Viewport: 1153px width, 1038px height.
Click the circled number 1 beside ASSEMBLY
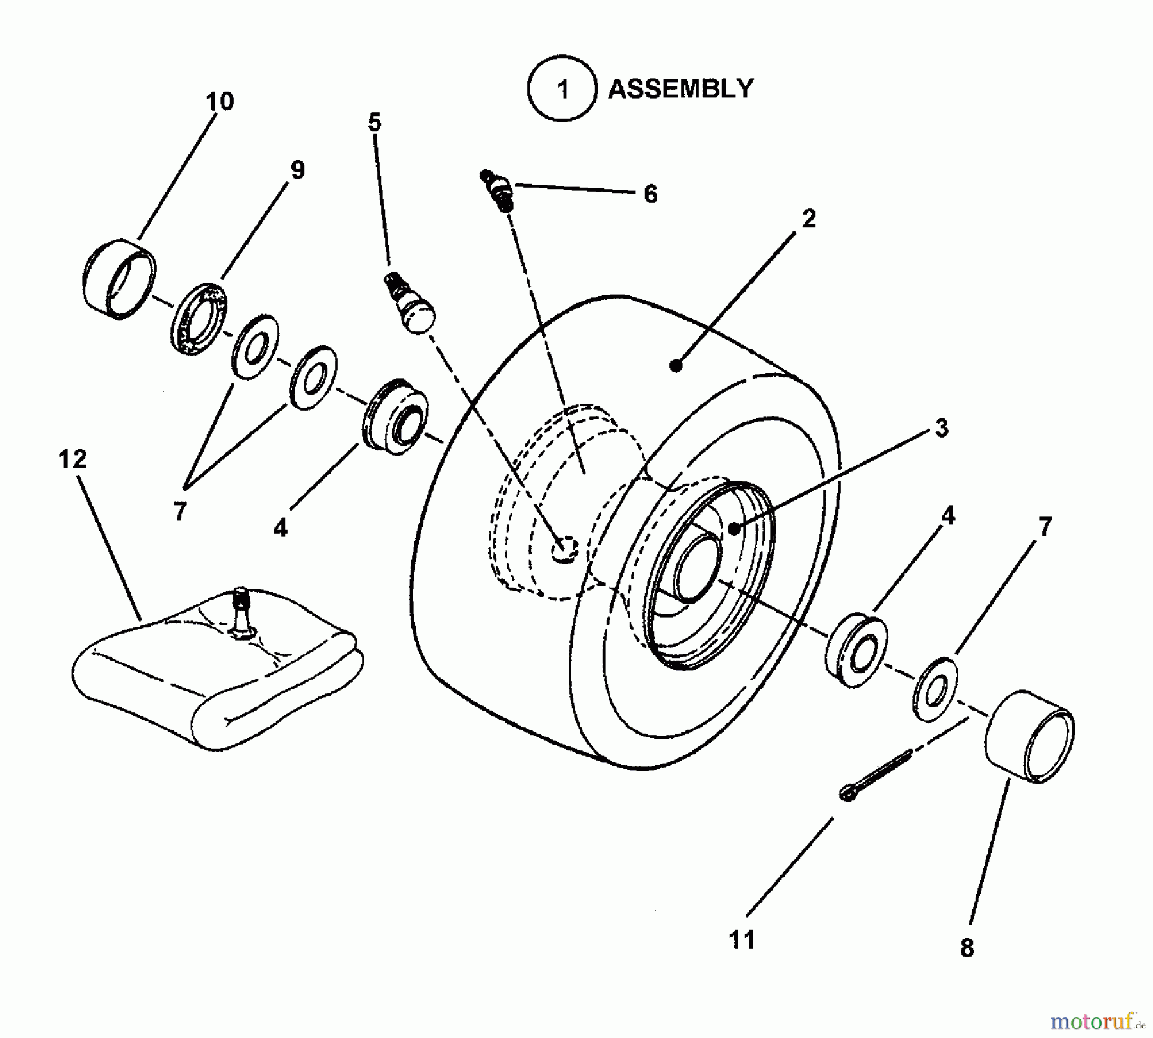[x=562, y=89]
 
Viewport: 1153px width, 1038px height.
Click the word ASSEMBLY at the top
[x=680, y=89]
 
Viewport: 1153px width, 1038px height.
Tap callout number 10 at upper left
[x=220, y=101]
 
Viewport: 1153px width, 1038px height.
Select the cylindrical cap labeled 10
[x=120, y=279]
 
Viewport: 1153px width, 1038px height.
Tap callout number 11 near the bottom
[x=742, y=940]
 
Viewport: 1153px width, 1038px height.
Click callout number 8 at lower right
[x=967, y=947]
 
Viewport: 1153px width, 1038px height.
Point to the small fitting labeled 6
[x=498, y=188]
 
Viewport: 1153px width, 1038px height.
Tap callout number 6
[x=650, y=194]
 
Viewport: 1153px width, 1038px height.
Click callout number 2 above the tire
[x=809, y=219]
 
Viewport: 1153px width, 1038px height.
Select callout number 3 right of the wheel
[x=941, y=428]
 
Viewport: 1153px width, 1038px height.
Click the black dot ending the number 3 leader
[x=735, y=529]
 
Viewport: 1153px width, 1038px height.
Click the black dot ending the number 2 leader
[x=675, y=366]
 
